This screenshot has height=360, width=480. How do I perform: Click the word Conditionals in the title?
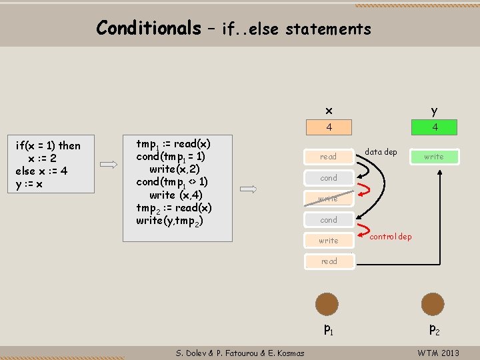(x=148, y=27)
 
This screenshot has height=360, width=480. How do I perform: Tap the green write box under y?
(x=433, y=157)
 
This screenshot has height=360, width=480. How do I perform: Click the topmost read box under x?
(x=329, y=157)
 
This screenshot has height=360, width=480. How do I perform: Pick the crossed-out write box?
(x=329, y=199)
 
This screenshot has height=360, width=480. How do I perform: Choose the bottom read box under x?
(x=329, y=261)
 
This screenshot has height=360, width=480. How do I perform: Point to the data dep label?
(x=381, y=152)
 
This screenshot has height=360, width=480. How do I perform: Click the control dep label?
(x=390, y=237)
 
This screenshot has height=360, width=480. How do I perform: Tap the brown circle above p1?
(x=327, y=304)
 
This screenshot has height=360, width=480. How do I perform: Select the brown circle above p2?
(x=433, y=304)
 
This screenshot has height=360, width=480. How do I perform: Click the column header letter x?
(x=328, y=110)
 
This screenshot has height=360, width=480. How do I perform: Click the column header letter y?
(x=434, y=111)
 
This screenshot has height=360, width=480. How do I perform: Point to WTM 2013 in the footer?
(x=438, y=353)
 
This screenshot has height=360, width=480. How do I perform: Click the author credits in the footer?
(x=240, y=353)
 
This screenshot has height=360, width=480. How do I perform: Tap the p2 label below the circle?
(x=434, y=329)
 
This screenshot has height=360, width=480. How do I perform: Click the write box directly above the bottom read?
(x=329, y=241)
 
